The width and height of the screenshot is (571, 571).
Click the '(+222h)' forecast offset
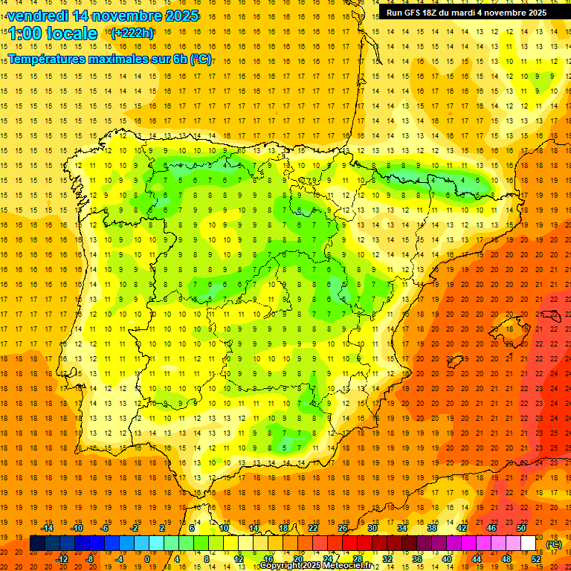coord(132,33)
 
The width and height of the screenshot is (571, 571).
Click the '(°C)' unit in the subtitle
coord(200,59)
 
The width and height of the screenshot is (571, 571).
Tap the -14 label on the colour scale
coord(47,528)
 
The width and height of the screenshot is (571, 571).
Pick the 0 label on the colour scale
coord(146,559)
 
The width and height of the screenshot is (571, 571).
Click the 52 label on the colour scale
coord(536,559)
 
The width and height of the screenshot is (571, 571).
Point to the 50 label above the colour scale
coord(521,528)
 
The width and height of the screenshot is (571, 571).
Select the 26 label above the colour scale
coord(343,528)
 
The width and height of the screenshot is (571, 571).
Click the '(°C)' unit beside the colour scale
coord(554,544)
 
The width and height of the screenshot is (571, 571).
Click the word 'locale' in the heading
coord(71,33)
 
